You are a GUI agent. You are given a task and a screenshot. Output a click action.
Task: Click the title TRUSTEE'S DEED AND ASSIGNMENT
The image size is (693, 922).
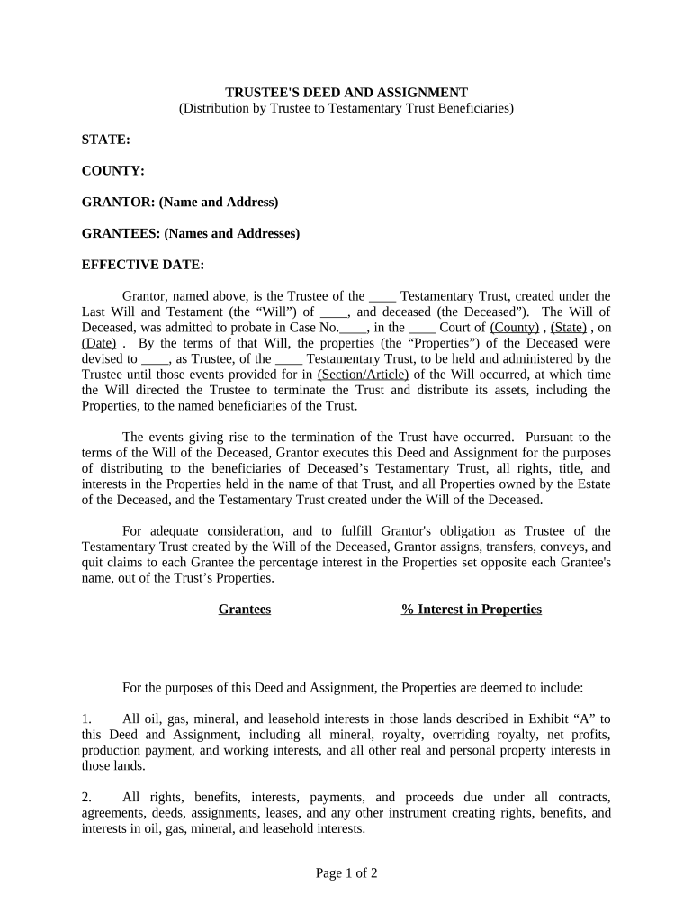click(346, 93)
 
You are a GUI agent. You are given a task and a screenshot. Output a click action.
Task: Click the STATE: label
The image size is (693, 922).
click(106, 140)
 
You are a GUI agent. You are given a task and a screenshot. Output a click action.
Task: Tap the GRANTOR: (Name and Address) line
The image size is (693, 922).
click(180, 203)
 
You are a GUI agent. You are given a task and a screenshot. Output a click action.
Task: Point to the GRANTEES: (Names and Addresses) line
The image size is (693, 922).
click(191, 234)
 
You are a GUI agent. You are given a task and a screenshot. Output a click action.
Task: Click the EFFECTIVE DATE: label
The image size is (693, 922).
click(143, 266)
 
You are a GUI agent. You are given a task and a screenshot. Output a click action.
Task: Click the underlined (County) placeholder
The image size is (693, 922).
click(515, 328)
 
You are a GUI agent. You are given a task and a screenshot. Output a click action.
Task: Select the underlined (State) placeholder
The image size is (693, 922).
click(569, 328)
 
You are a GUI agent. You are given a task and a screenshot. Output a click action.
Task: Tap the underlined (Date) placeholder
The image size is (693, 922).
click(98, 343)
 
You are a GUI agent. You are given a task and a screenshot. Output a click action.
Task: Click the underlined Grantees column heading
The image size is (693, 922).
click(245, 610)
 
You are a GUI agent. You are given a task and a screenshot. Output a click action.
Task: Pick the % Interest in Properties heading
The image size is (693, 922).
click(472, 610)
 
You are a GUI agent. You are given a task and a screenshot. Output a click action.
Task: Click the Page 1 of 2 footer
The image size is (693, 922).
click(346, 872)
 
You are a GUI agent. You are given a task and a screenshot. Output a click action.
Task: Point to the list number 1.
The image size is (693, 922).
click(86, 719)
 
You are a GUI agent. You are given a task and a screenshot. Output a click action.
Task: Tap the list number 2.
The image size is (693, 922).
click(86, 798)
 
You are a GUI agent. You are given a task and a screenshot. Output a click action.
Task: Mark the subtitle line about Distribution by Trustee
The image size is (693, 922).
click(346, 108)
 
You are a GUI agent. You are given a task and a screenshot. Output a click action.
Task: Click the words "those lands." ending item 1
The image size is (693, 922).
click(113, 766)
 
